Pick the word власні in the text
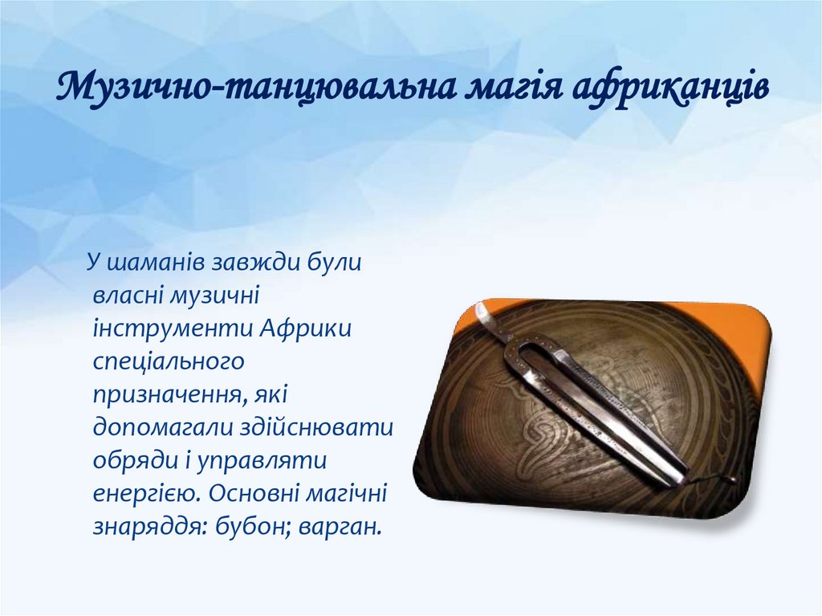[x=126, y=297]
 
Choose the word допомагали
[x=163, y=428]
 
